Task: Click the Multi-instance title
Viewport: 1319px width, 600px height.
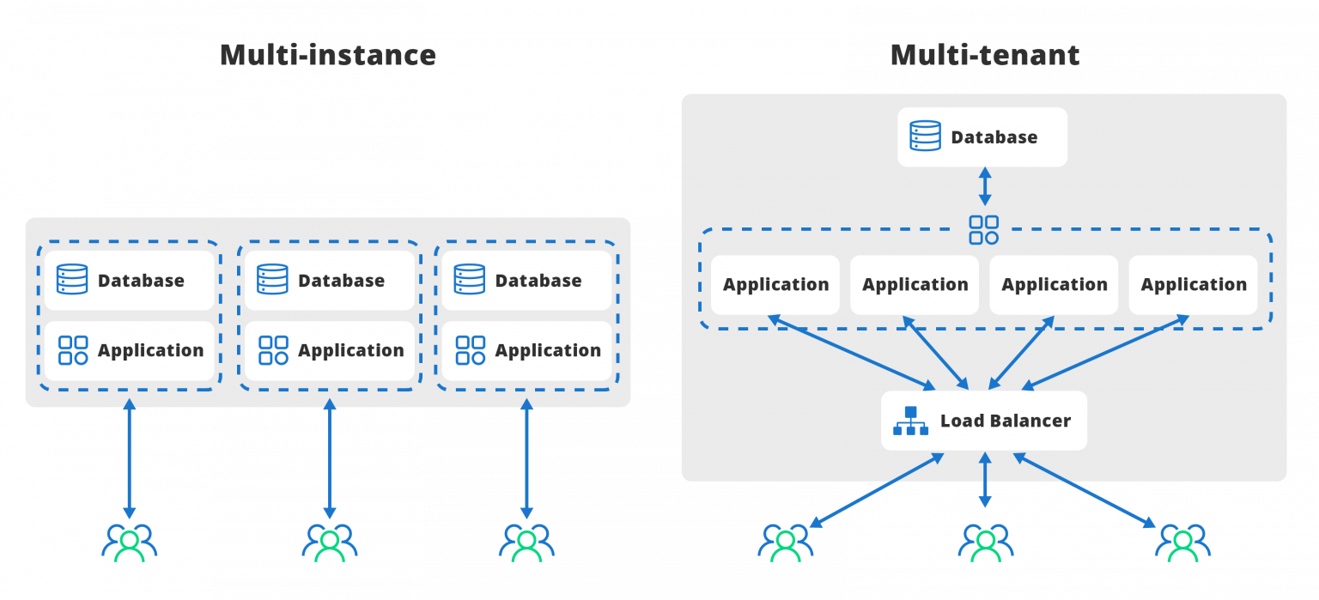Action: point(327,55)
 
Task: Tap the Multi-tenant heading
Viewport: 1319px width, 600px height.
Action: point(984,55)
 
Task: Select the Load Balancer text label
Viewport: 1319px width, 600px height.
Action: point(1005,421)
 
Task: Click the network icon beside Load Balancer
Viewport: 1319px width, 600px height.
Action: point(910,421)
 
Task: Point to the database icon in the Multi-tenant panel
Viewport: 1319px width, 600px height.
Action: point(925,136)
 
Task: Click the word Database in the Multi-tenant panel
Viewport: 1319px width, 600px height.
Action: point(994,137)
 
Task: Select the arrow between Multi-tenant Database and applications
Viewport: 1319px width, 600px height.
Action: point(984,187)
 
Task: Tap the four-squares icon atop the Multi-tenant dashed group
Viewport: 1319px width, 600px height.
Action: point(983,230)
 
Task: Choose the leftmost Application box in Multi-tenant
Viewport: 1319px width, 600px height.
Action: point(775,285)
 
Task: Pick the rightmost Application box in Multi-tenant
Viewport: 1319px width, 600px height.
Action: point(1193,285)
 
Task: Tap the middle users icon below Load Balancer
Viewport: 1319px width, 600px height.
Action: point(985,542)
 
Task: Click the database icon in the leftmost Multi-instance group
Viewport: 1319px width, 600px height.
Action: point(72,280)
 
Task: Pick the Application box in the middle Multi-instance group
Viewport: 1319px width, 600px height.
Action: point(330,350)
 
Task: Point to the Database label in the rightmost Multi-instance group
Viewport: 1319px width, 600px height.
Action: point(538,281)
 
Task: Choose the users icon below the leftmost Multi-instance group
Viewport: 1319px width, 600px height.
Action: point(129,542)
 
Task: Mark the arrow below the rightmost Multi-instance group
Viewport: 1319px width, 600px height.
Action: point(526,459)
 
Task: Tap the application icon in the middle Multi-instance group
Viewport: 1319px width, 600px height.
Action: point(273,350)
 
